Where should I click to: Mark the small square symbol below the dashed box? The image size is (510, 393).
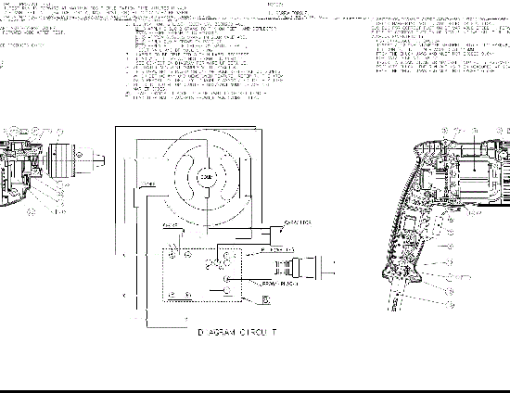[x=266, y=298]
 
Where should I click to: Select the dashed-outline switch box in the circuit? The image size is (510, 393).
[x=201, y=273]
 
